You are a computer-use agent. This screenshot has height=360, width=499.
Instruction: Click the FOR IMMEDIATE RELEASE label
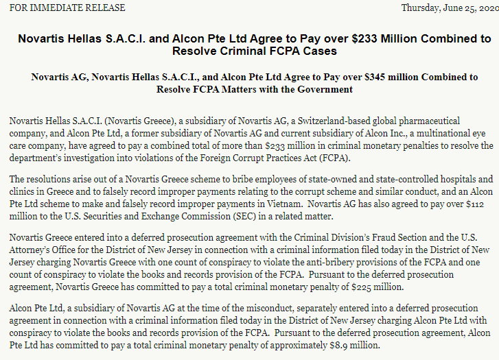67,8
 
